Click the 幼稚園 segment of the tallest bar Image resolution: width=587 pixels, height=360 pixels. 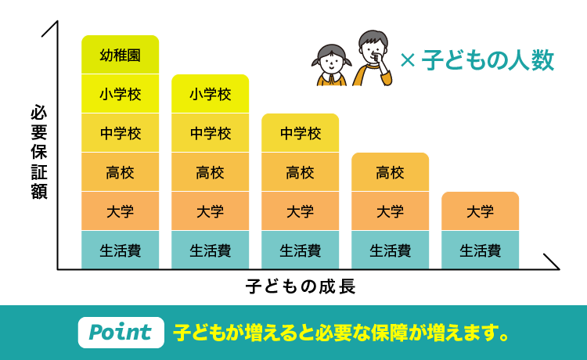point(120,55)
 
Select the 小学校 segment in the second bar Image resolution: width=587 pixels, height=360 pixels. point(210,94)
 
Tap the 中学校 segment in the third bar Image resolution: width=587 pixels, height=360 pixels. point(300,133)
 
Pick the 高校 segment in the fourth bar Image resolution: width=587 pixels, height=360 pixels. point(390,172)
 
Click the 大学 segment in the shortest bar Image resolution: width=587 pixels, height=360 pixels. point(480,211)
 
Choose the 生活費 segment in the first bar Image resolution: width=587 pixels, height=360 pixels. point(120,250)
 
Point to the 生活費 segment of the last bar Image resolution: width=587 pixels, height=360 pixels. point(480,250)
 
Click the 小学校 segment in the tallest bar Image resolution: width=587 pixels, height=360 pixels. point(120,94)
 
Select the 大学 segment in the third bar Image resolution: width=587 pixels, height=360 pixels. point(300,211)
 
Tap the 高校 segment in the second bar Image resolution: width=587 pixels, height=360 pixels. point(210,172)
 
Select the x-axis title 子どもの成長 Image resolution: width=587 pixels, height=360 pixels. point(301,286)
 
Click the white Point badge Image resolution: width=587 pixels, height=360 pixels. point(121,332)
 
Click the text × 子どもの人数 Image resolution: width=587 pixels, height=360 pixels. point(477,60)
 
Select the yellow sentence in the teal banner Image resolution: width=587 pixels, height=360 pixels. point(341,332)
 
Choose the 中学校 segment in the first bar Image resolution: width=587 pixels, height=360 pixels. point(120,133)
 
